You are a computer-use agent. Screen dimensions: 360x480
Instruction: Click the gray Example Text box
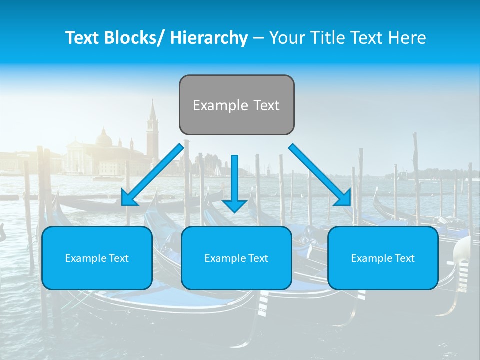[236, 105]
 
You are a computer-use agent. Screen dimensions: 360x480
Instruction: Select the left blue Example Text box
[97, 258]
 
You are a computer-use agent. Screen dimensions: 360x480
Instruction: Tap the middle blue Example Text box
[236, 258]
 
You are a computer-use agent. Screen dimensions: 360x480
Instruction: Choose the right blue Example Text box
[383, 258]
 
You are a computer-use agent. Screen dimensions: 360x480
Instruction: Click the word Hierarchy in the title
[209, 38]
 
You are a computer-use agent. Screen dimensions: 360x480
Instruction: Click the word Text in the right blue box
[405, 258]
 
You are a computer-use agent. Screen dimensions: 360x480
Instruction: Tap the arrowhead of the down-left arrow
[129, 200]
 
